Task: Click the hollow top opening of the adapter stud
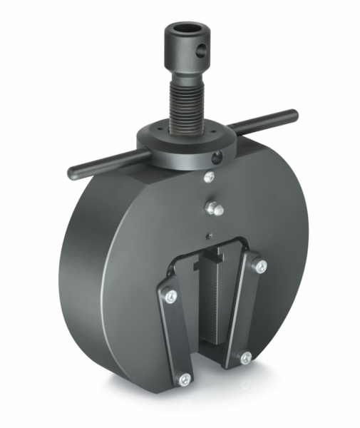point(187,31)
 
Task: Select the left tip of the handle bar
point(73,173)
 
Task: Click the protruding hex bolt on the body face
point(212,208)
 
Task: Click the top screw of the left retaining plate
point(170,296)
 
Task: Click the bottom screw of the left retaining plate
point(185,379)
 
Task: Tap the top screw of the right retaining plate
point(261,266)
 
